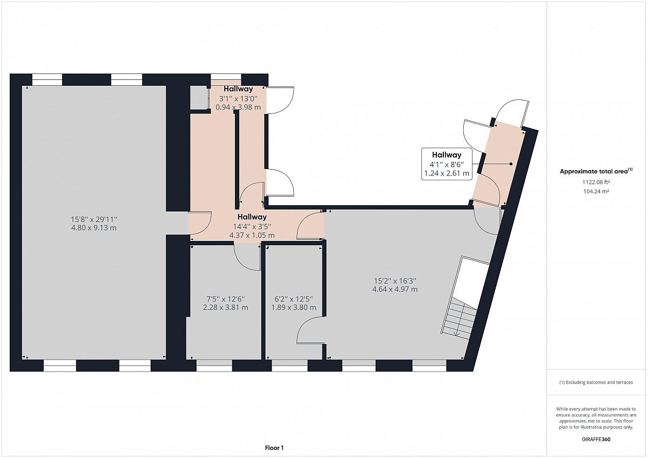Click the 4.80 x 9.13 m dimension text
pos(94,228)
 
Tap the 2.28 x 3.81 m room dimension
pos(225,307)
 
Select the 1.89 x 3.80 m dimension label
pos(293,307)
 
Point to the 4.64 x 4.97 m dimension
pos(395,289)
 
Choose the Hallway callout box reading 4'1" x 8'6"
pos(447,164)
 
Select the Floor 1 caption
pos(274,448)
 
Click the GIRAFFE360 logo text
pos(596,439)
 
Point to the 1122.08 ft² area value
pos(596,182)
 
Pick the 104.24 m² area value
pos(596,191)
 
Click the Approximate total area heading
pos(596,171)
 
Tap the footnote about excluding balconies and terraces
pos(596,382)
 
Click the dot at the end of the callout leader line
pos(511,164)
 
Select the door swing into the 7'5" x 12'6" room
pos(248,257)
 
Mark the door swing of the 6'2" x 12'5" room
pos(310,330)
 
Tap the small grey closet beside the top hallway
pos(199,98)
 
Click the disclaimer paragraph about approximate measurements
pos(596,418)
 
